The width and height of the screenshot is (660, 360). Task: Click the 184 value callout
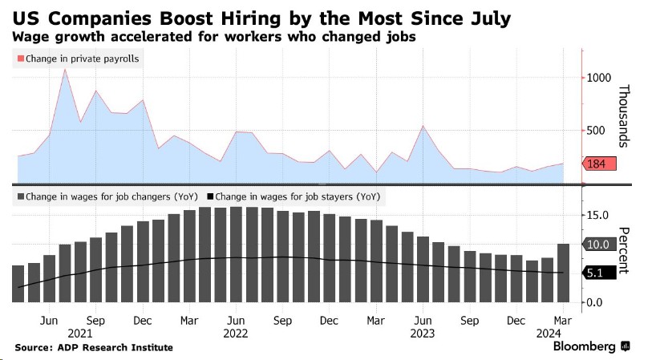click(601, 164)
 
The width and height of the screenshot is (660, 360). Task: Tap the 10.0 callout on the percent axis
click(601, 244)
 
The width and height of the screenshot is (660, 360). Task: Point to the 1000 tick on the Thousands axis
click(598, 78)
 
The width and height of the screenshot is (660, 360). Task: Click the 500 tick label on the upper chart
click(596, 131)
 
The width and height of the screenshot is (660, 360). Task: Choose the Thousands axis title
click(628, 115)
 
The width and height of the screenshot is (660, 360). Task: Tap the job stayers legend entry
click(293, 196)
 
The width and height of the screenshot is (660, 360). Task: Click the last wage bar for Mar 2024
click(564, 273)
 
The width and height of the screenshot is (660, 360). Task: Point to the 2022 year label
click(236, 331)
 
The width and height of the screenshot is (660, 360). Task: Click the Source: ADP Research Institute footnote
click(94, 347)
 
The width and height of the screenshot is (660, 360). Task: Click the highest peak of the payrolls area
click(65, 70)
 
